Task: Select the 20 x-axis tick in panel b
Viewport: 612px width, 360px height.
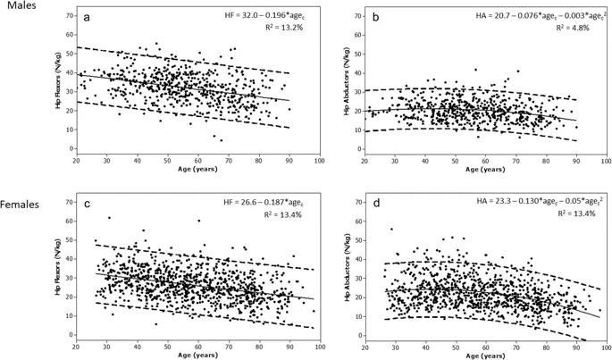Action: (365, 161)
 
